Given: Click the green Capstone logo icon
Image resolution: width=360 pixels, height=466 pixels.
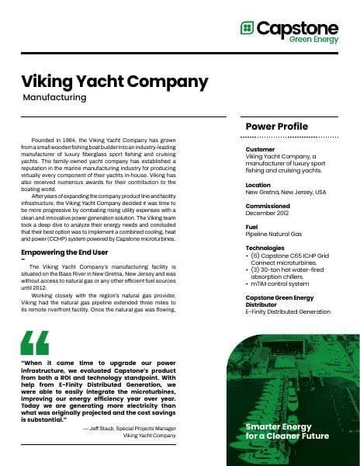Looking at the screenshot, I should (247, 29).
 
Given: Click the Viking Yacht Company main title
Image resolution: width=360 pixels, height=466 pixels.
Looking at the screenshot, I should (114, 82).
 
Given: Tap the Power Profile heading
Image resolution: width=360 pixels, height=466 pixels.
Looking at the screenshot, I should (276, 127).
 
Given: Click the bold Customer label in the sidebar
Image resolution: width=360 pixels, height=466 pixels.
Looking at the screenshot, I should (260, 149).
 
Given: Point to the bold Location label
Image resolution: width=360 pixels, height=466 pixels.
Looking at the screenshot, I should (258, 185).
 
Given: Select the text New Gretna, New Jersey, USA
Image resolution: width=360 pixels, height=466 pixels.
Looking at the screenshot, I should (286, 192).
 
